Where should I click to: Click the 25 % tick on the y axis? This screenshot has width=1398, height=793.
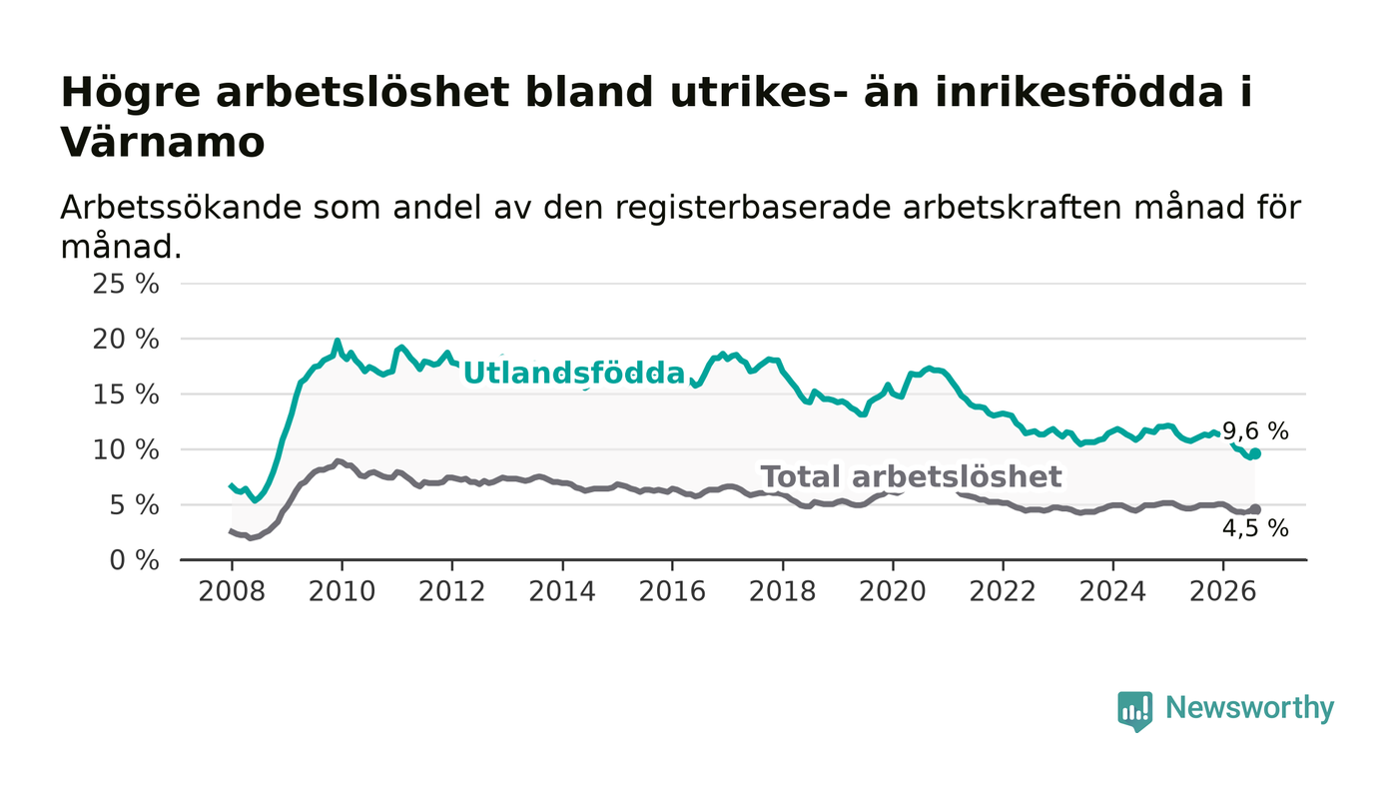pos(126,284)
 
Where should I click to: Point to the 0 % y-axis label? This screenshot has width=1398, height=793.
pos(134,560)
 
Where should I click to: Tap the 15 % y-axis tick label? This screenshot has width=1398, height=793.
pos(126,395)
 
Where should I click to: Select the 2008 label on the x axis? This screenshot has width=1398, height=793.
pos(232,591)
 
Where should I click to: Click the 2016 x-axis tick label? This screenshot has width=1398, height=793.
pos(672,591)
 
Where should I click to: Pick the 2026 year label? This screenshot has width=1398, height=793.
pos(1222,591)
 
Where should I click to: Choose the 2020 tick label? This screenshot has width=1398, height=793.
pos(893,591)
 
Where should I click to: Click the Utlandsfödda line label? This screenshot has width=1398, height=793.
pos(574,374)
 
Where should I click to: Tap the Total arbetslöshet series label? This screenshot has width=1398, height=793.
pos(911,477)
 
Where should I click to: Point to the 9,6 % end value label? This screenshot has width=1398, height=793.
pos(1255,431)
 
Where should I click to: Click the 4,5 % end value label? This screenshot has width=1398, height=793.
pos(1255,529)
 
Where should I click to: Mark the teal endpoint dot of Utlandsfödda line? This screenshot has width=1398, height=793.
pos(1255,454)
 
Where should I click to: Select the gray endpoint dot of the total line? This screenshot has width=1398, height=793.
pos(1255,509)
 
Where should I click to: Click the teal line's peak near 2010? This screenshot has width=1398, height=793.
pos(338,341)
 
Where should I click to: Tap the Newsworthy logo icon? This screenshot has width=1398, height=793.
pos(1134,711)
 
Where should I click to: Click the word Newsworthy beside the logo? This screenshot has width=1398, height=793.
pos(1249,708)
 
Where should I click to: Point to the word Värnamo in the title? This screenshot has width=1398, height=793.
pos(162,143)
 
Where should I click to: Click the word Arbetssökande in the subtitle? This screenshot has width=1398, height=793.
pos(181,208)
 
